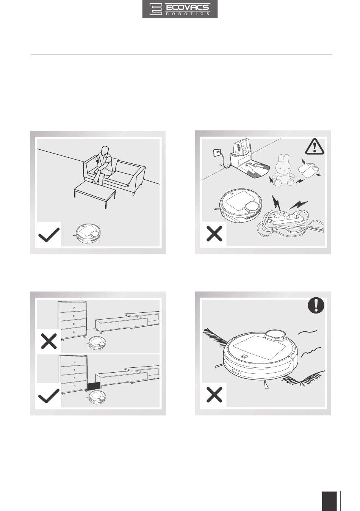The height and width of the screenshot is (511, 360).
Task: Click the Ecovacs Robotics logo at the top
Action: click(x=180, y=9)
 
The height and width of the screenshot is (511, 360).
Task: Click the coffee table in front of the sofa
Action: click(x=95, y=193)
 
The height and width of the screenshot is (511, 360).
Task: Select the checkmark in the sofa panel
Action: click(x=49, y=235)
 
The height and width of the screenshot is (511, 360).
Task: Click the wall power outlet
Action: click(x=217, y=152)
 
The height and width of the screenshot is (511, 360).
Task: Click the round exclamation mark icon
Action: click(x=316, y=306)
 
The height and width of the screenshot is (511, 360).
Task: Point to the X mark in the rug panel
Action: click(x=214, y=395)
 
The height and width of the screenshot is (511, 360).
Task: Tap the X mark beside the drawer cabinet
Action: click(x=49, y=341)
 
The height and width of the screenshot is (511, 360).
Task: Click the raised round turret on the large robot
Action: click(x=275, y=335)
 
